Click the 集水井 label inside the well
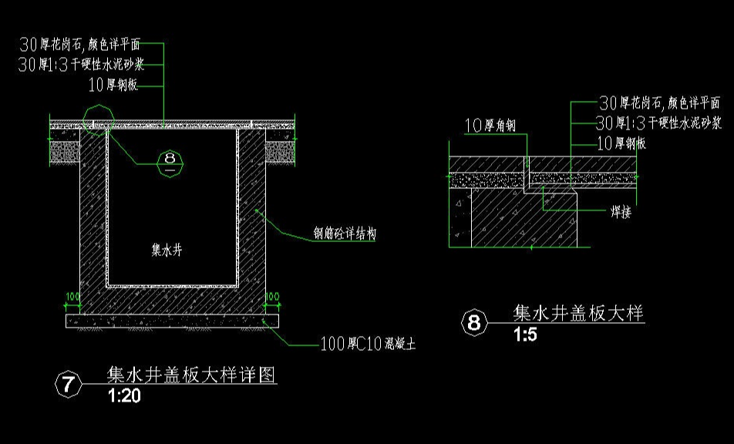pos(167,250)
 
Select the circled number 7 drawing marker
pos(69,385)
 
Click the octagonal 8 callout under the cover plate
pos(170,161)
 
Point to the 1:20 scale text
pos(125,396)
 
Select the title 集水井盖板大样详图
pos(191,375)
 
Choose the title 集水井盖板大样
pos(578,313)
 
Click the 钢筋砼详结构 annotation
pos(345,234)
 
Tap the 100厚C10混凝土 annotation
pos(369,345)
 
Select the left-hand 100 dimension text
pos(72,296)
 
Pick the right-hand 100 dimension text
pos(271,296)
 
